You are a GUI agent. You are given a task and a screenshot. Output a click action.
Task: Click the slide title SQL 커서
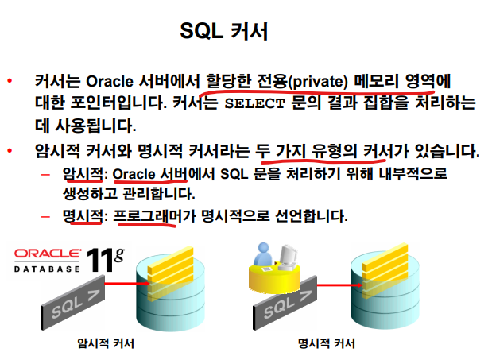(223, 31)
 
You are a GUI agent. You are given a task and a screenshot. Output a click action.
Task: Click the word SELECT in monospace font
(254, 103)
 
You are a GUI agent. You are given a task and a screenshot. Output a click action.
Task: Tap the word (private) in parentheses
(317, 82)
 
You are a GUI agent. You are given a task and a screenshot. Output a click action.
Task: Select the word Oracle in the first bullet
(110, 81)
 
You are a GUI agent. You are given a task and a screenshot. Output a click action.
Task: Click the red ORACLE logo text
(47, 254)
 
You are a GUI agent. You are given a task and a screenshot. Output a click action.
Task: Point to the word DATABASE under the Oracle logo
(47, 269)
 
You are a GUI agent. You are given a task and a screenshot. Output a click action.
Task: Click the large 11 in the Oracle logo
(99, 260)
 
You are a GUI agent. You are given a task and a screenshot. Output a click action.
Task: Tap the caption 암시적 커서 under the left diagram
(106, 343)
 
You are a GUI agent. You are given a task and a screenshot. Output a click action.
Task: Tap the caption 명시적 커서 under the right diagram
(327, 343)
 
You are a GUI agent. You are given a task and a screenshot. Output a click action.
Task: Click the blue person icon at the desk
(262, 254)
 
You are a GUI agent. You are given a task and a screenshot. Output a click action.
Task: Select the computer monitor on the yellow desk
(287, 257)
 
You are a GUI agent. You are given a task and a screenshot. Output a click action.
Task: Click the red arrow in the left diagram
(127, 284)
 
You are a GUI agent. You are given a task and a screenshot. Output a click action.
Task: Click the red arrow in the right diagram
(340, 285)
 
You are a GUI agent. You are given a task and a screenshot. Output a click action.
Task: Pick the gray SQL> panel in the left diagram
(73, 302)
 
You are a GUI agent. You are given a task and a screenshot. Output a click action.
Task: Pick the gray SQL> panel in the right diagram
(285, 303)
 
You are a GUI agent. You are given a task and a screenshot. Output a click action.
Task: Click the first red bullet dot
(10, 81)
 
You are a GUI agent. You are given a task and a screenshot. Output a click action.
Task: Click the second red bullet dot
(10, 151)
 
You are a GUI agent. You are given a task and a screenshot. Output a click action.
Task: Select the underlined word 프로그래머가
(154, 215)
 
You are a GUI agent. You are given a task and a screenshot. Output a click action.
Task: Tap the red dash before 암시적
(46, 174)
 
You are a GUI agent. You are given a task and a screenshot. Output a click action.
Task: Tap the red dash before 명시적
(46, 216)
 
